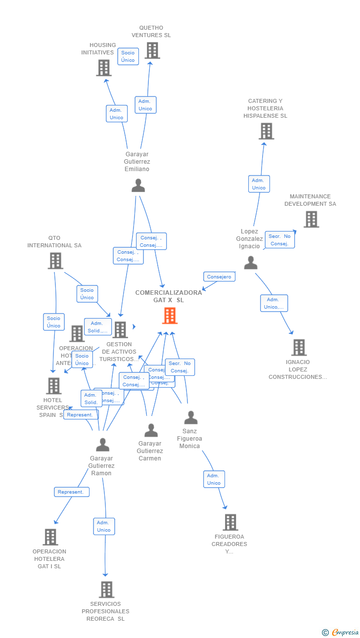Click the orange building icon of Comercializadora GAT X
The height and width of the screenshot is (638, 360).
[170, 316]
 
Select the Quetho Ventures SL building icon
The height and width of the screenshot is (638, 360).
[152, 50]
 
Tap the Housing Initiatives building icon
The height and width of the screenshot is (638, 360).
[104, 68]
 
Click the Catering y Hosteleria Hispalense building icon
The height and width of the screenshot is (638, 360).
[266, 131]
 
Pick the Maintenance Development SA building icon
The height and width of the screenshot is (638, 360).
[311, 219]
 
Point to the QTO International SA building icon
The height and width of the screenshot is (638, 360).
[55, 261]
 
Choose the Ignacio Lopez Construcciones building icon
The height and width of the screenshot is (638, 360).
[299, 348]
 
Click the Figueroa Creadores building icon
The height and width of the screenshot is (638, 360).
[230, 522]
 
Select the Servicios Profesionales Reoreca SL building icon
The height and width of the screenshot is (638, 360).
[106, 590]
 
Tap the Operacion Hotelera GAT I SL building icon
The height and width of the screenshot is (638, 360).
[50, 537]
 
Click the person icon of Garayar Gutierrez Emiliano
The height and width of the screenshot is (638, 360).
[138, 185]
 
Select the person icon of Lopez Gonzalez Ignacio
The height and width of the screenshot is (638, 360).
[251, 263]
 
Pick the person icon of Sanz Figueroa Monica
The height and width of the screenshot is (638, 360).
[191, 418]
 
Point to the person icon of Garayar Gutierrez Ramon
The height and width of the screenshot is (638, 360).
[102, 445]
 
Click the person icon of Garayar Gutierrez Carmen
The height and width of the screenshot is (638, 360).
[151, 430]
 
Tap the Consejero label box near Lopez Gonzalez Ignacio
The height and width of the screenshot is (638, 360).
[219, 277]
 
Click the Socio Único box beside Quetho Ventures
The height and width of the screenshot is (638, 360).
[128, 56]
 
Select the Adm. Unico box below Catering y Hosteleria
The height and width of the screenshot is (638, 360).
[259, 184]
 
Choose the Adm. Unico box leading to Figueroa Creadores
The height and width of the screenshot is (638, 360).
[214, 479]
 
